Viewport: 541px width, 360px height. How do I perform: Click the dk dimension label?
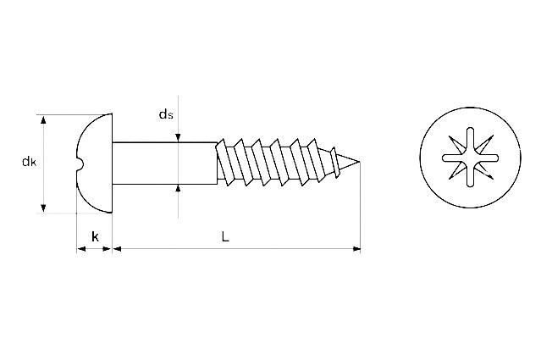tap(29, 162)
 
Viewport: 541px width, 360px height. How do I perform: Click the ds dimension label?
tap(166, 114)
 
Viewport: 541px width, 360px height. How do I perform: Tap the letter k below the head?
tap(95, 237)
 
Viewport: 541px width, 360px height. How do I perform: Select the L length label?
tap(225, 236)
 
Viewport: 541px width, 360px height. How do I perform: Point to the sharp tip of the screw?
tap(359, 161)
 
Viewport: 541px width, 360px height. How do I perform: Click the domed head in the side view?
tap(94, 163)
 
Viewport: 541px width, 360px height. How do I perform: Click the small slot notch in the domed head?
tap(80, 163)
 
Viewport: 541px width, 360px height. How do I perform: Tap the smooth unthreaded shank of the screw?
tap(165, 163)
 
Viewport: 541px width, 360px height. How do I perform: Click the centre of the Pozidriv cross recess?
tap(470, 158)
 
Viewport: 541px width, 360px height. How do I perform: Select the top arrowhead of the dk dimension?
tap(43, 119)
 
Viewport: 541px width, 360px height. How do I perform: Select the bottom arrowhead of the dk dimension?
tap(43, 208)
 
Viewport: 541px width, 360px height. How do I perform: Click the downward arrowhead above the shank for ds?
tap(178, 138)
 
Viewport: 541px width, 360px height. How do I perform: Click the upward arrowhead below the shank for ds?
tap(178, 189)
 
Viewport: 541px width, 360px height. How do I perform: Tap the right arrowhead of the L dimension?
tap(356, 248)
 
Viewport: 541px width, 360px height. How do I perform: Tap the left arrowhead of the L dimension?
tap(118, 248)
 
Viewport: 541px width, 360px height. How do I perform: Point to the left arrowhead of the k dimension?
tap(81, 248)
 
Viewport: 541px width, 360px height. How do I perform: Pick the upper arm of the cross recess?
tap(470, 140)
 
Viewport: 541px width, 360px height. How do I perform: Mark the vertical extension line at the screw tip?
tap(360, 207)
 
